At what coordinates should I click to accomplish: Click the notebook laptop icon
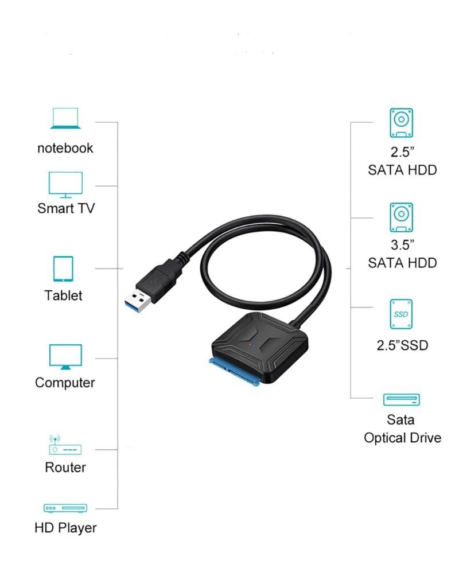[65, 118]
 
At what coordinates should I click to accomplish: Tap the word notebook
[65, 148]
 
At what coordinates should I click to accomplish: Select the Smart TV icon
[66, 185]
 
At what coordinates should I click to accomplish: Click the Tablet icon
[63, 269]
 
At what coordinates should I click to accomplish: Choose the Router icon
[65, 445]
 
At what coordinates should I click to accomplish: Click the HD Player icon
[65, 508]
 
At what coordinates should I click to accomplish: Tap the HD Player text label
[65, 528]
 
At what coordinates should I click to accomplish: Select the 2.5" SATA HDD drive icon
[401, 123]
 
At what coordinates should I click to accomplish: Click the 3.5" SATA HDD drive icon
[401, 217]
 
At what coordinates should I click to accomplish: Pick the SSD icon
[401, 314]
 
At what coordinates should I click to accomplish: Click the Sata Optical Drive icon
[401, 399]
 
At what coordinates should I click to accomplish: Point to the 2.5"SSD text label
[402, 345]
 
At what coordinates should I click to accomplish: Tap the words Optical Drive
[402, 438]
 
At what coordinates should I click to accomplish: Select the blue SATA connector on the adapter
[235, 372]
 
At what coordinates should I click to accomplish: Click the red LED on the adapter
[250, 345]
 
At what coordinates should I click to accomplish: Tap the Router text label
[65, 467]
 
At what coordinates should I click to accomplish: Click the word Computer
[65, 383]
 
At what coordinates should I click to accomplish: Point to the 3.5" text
[402, 244]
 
